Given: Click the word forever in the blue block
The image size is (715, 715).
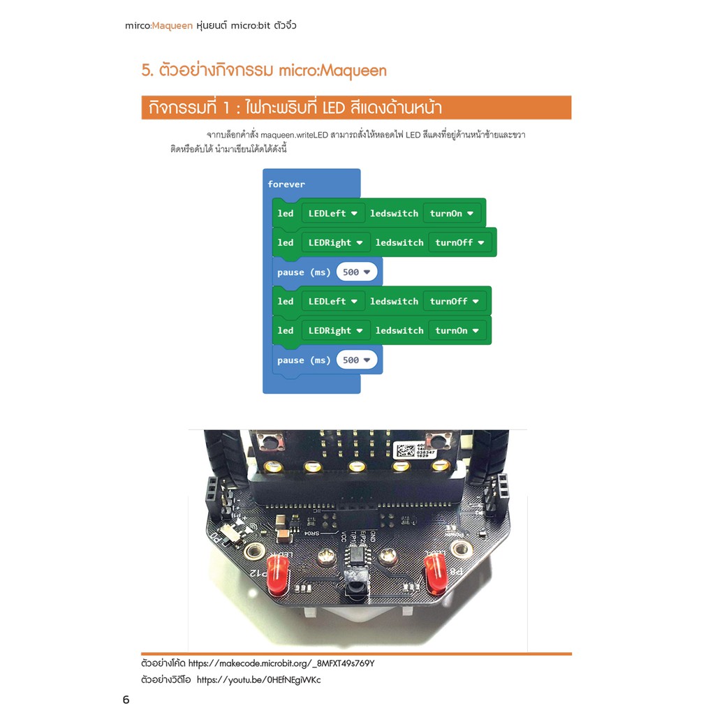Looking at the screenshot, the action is [286, 184].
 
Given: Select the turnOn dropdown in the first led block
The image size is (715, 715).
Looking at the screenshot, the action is [452, 214].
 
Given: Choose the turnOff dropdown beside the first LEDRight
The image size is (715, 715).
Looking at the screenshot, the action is [459, 242].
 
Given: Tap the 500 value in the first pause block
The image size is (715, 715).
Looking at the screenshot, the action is [357, 272].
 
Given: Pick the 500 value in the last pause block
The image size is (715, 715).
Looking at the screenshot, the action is [357, 360].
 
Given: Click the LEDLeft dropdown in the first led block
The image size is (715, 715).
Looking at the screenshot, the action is [333, 214].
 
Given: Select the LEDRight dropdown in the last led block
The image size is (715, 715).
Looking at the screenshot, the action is [336, 330].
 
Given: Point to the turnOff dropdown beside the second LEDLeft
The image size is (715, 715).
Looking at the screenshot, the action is [454, 302].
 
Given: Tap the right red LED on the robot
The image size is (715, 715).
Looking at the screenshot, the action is [436, 573].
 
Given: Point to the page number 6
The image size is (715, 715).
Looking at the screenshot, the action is [126, 700].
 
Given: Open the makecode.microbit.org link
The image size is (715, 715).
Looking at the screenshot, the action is [281, 663].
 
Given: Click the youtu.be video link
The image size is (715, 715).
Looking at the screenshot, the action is [258, 680].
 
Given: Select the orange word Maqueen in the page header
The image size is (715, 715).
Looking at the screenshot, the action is [172, 26].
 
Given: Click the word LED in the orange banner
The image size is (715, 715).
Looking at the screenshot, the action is [333, 108].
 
